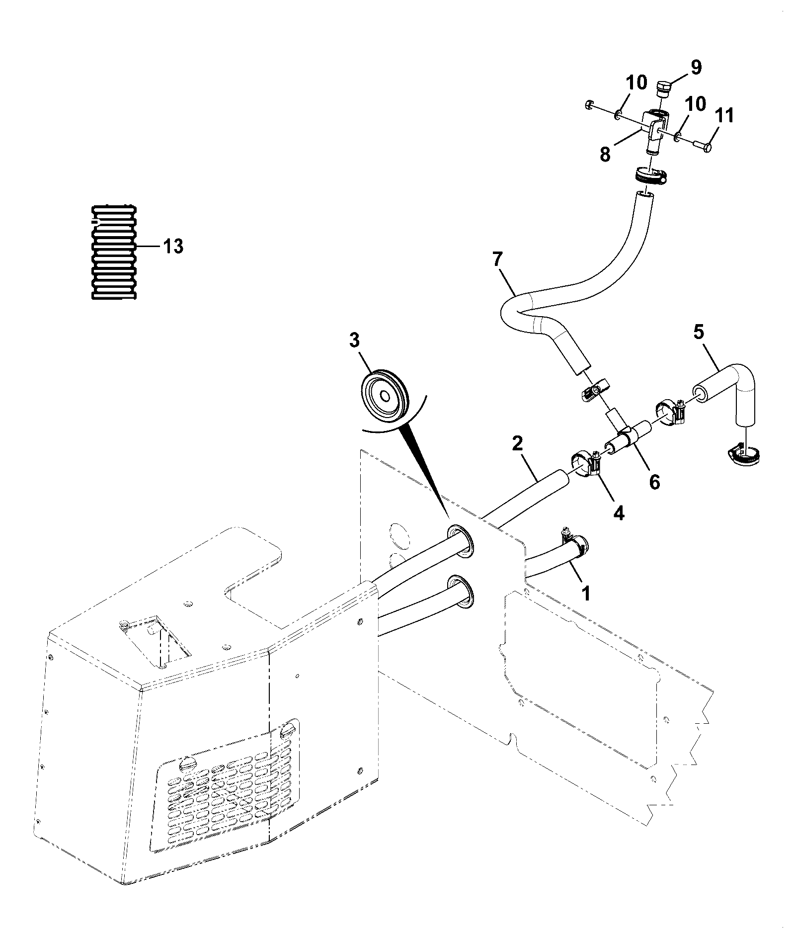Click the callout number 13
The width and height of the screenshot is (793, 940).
pyautogui.click(x=173, y=246)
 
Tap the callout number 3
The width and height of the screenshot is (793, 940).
pyautogui.click(x=354, y=342)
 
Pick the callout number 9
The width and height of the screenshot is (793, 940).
pyautogui.click(x=696, y=68)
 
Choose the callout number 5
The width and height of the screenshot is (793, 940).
pyautogui.click(x=699, y=333)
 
